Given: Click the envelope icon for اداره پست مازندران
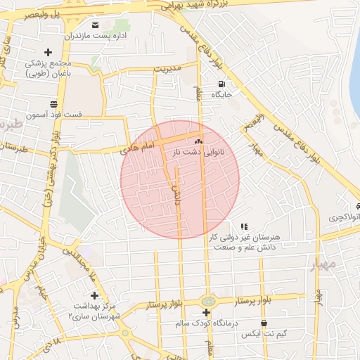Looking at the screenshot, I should tap(95, 25).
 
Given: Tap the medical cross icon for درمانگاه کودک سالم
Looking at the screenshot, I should tap(206, 312).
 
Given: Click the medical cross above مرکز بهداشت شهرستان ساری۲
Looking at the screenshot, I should tap(94, 295).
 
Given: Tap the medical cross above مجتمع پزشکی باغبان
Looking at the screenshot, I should tap(48, 52).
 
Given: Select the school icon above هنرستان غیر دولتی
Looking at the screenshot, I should tap(244, 226).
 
